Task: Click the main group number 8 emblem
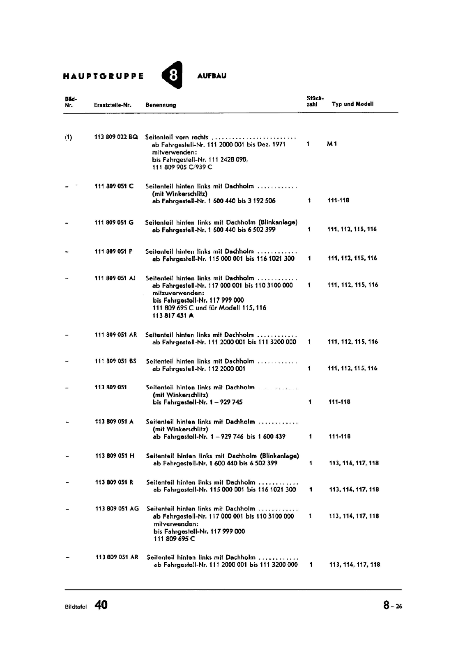173,75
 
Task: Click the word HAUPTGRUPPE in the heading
104,76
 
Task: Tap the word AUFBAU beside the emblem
212,76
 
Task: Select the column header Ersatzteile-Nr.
113,105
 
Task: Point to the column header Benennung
161,105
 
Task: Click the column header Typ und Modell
352,104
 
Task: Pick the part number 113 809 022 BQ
116,137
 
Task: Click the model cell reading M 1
332,144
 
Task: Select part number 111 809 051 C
114,186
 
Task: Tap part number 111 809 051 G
114,223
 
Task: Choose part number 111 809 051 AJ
115,278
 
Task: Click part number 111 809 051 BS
115,361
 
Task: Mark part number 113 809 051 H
115,456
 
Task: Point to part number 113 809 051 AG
117,509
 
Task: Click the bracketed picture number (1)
68,138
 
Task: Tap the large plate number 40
101,605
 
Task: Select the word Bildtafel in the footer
76,607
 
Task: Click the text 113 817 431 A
173,315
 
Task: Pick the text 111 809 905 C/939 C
182,167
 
